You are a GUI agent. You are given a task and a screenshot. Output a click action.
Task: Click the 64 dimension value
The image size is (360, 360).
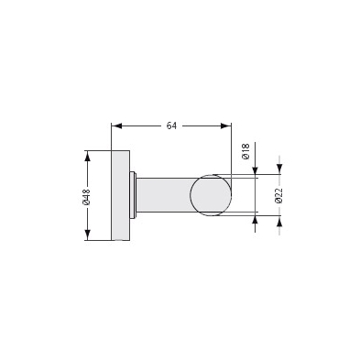(171, 125)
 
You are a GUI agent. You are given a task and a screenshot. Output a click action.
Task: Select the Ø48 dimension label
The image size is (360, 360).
(87, 196)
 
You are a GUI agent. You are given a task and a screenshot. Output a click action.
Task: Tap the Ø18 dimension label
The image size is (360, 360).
(246, 151)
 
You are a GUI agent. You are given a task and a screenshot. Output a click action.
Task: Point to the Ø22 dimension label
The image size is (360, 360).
(278, 196)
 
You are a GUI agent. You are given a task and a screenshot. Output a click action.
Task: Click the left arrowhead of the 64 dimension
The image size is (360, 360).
(116, 125)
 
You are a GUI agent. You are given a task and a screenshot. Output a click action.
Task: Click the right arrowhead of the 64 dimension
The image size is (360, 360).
(226, 125)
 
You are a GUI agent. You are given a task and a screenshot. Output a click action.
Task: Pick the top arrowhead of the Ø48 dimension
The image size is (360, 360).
(88, 156)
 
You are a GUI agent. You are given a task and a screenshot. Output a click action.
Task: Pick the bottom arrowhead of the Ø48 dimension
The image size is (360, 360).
(88, 235)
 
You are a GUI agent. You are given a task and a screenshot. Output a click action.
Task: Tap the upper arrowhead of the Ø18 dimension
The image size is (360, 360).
(255, 171)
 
